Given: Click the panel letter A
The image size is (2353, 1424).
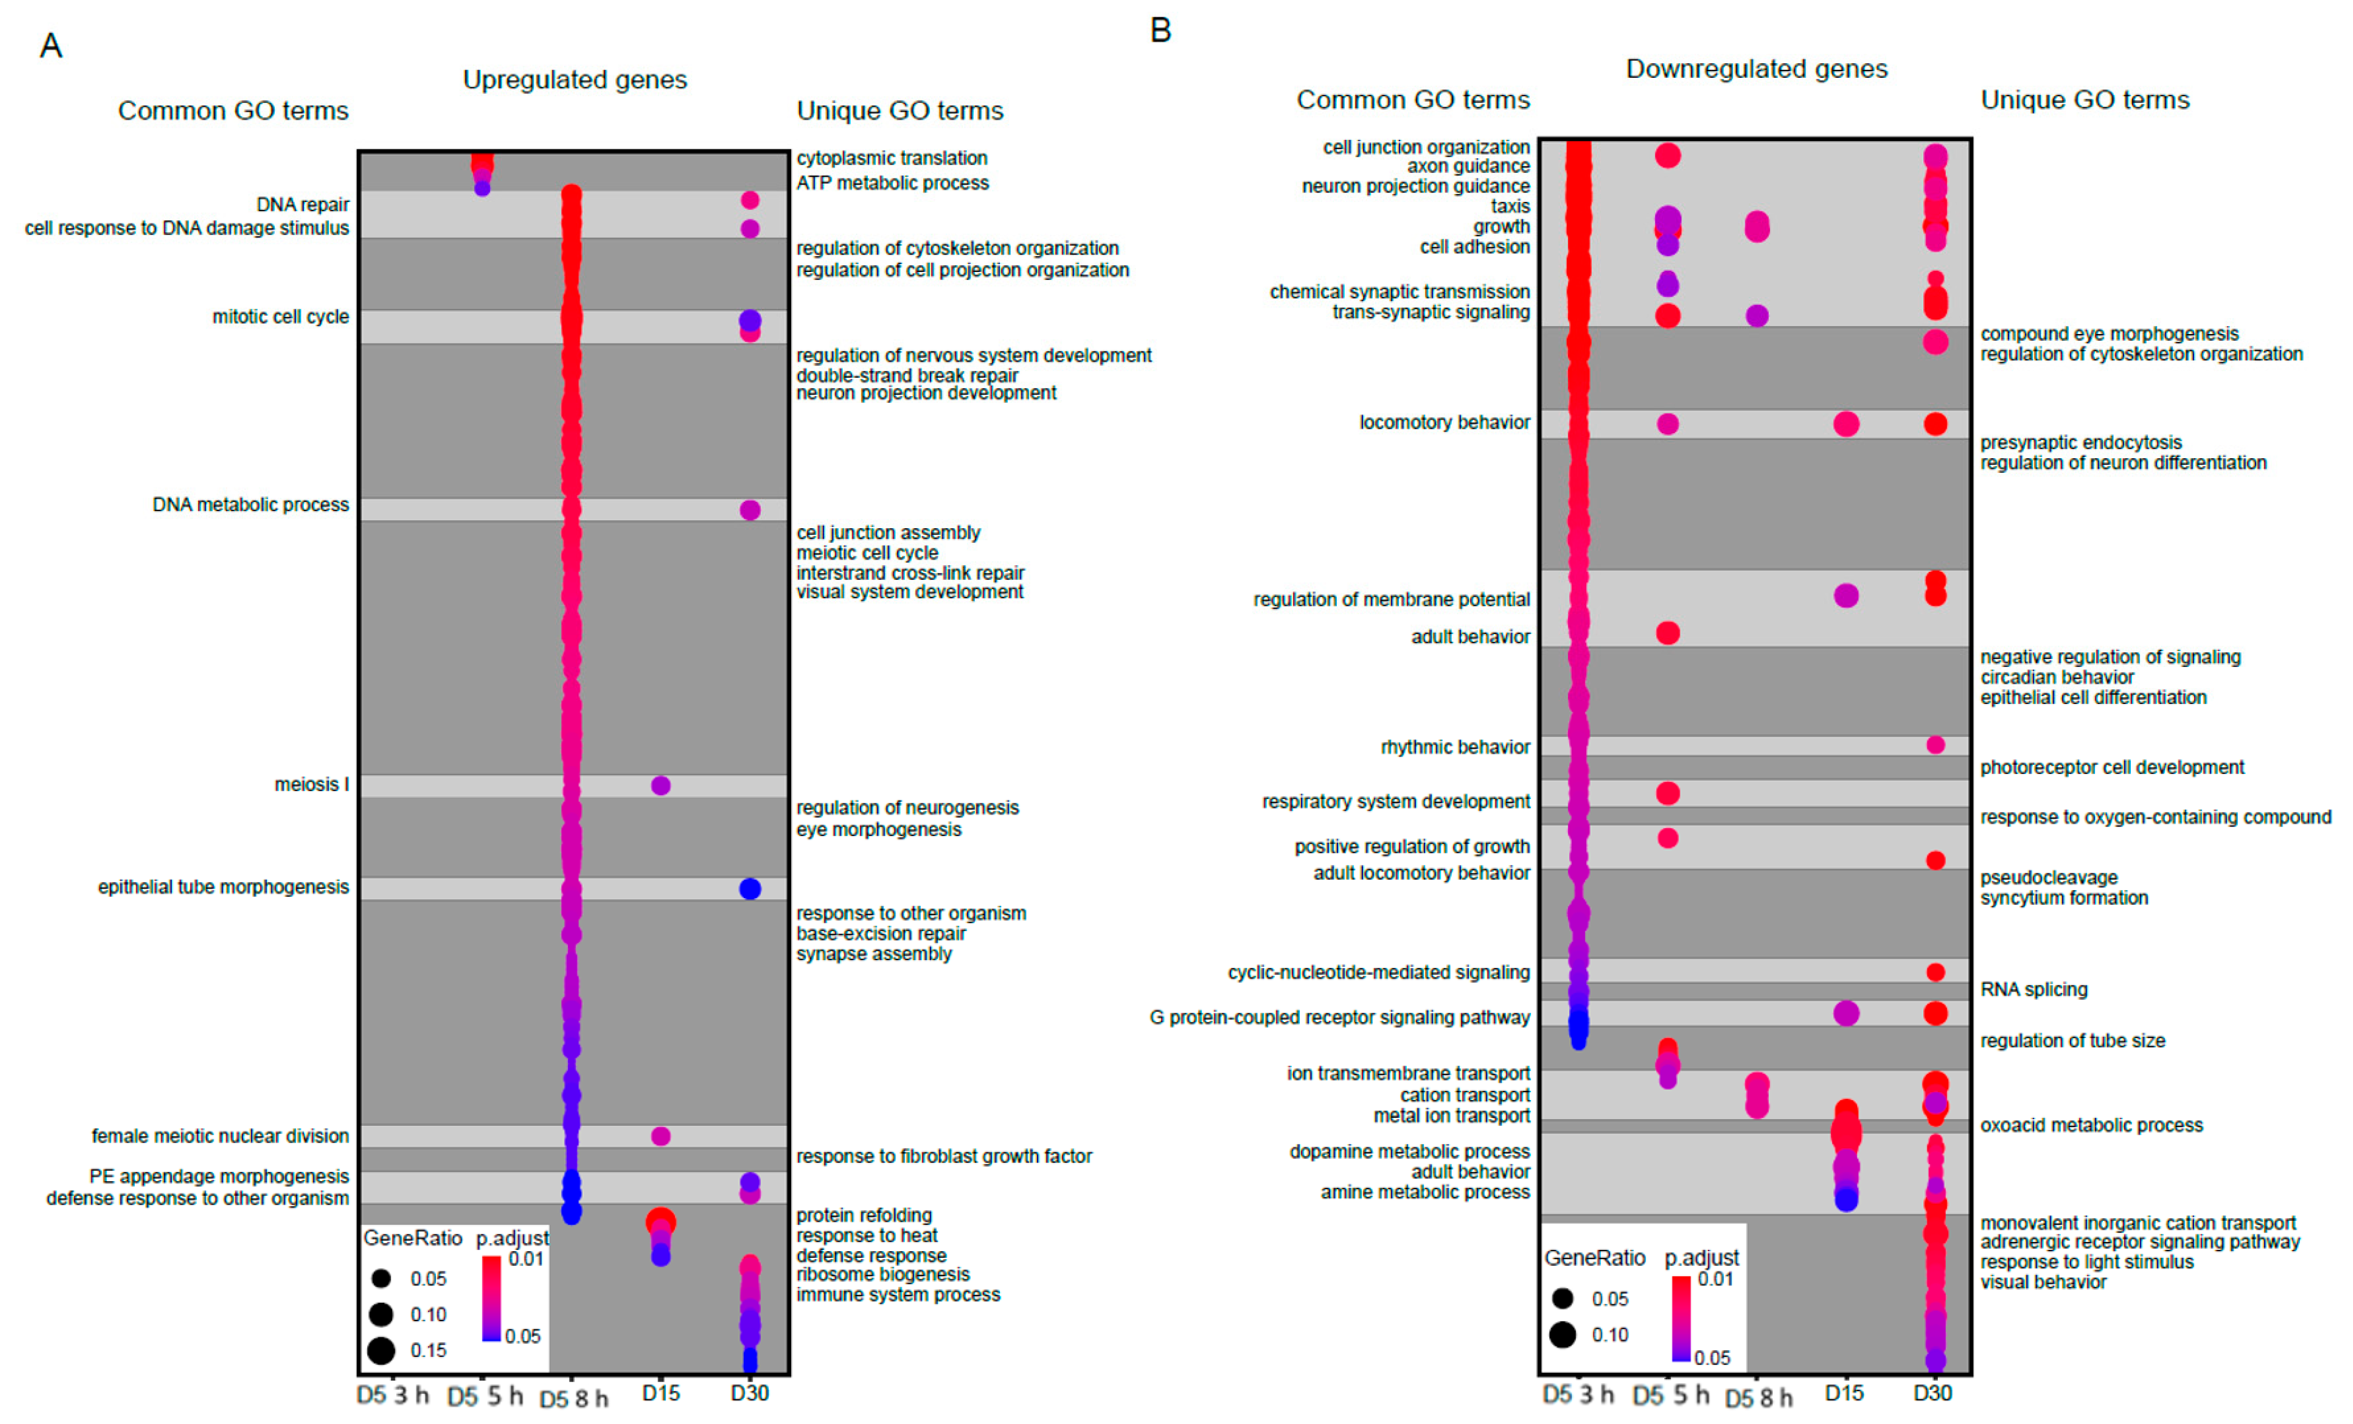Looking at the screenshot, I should tap(50, 46).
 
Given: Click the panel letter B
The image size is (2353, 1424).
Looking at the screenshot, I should tap(1160, 31).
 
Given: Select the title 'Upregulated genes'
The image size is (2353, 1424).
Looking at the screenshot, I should tap(574, 79).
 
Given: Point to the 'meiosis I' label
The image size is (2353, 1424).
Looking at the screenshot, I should tap(311, 785).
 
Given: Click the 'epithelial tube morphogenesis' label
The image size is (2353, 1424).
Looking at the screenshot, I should tap(223, 887).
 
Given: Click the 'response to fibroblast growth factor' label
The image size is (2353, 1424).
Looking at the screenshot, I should tap(943, 1157).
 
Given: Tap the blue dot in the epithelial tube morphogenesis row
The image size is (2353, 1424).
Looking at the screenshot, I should tap(750, 889).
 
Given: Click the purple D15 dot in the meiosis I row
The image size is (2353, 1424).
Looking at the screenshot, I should tap(660, 786).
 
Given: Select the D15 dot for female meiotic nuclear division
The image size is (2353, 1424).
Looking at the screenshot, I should tap(660, 1136).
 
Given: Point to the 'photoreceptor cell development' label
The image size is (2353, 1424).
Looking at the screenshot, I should tap(2111, 768).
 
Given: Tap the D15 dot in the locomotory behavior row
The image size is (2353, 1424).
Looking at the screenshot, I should tap(1845, 424).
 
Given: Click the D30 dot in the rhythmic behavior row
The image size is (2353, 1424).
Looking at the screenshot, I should tap(1935, 745).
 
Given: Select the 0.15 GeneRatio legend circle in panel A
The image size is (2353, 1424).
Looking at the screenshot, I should tap(381, 1351).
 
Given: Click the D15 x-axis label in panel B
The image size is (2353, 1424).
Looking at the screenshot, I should tap(1843, 1393).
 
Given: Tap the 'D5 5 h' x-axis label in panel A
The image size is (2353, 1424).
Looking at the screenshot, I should tap(485, 1396).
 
